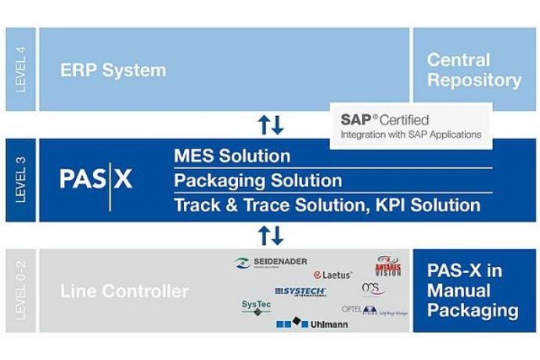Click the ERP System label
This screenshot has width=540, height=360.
click(113, 70)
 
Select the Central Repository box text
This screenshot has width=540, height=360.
click(474, 70)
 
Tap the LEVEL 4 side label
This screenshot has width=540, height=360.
click(21, 70)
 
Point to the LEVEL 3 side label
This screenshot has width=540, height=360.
click(21, 181)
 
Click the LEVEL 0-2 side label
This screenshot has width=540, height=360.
click(21, 290)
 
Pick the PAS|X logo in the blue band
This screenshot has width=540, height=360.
click(96, 180)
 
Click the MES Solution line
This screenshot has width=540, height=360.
click(232, 156)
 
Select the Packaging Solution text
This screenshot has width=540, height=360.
click(257, 181)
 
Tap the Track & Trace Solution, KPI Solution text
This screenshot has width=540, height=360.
click(326, 206)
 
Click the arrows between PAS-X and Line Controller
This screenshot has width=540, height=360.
click(271, 236)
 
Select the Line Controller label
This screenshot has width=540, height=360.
click(124, 292)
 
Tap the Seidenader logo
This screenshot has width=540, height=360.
click(271, 262)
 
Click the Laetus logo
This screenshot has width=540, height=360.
click(333, 275)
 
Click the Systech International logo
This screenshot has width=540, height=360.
click(300, 291)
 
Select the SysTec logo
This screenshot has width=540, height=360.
click(256, 307)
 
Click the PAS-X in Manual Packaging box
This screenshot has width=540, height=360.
click(474, 290)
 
